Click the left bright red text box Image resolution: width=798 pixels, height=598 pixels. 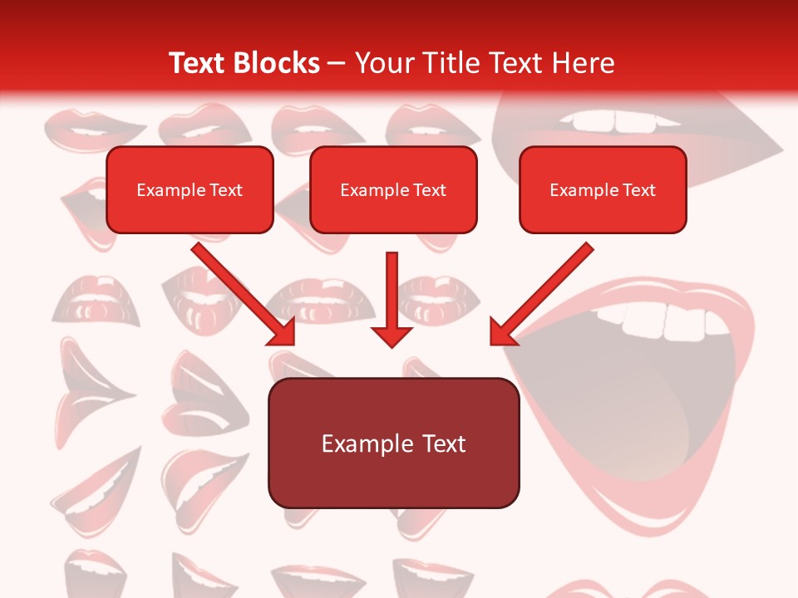point(190,190)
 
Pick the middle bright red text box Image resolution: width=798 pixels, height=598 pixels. point(393,190)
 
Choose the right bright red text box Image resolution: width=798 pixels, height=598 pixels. point(603,190)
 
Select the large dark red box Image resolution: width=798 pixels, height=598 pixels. point(393,443)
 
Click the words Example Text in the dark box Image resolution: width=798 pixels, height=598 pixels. point(393,444)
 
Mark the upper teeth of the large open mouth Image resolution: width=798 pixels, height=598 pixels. point(665,321)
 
